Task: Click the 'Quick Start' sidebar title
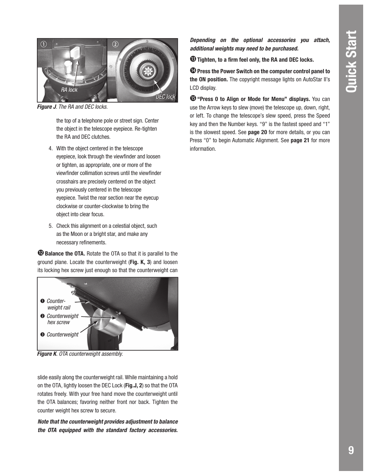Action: tap(350, 61)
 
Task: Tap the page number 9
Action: tap(350, 450)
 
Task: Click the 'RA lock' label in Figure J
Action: tap(69, 90)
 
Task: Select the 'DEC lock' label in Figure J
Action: tap(165, 97)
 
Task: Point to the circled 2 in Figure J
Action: tap(114, 44)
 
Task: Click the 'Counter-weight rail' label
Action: tap(58, 304)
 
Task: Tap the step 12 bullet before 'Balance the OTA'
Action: tap(40, 253)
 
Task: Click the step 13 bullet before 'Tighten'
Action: tap(193, 59)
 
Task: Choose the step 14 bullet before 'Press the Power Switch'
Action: tap(193, 71)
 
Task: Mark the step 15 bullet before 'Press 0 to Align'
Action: tap(193, 99)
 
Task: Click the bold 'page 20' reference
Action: tap(257, 132)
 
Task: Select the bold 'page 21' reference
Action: tap(300, 140)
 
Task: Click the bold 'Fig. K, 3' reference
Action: tap(140, 262)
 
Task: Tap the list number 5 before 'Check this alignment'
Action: tap(50, 226)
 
